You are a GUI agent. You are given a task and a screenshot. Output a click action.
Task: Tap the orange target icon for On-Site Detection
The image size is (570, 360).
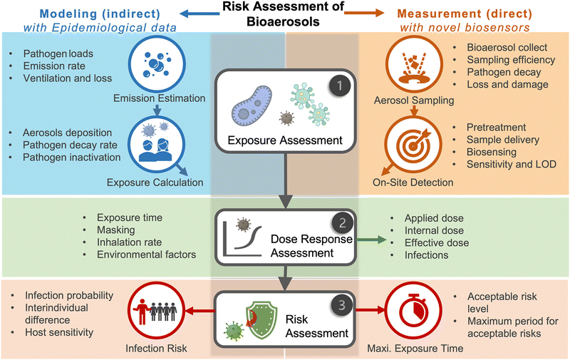(x=412, y=139)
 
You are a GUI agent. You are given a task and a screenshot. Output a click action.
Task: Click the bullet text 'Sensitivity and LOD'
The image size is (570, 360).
(x=512, y=165)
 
